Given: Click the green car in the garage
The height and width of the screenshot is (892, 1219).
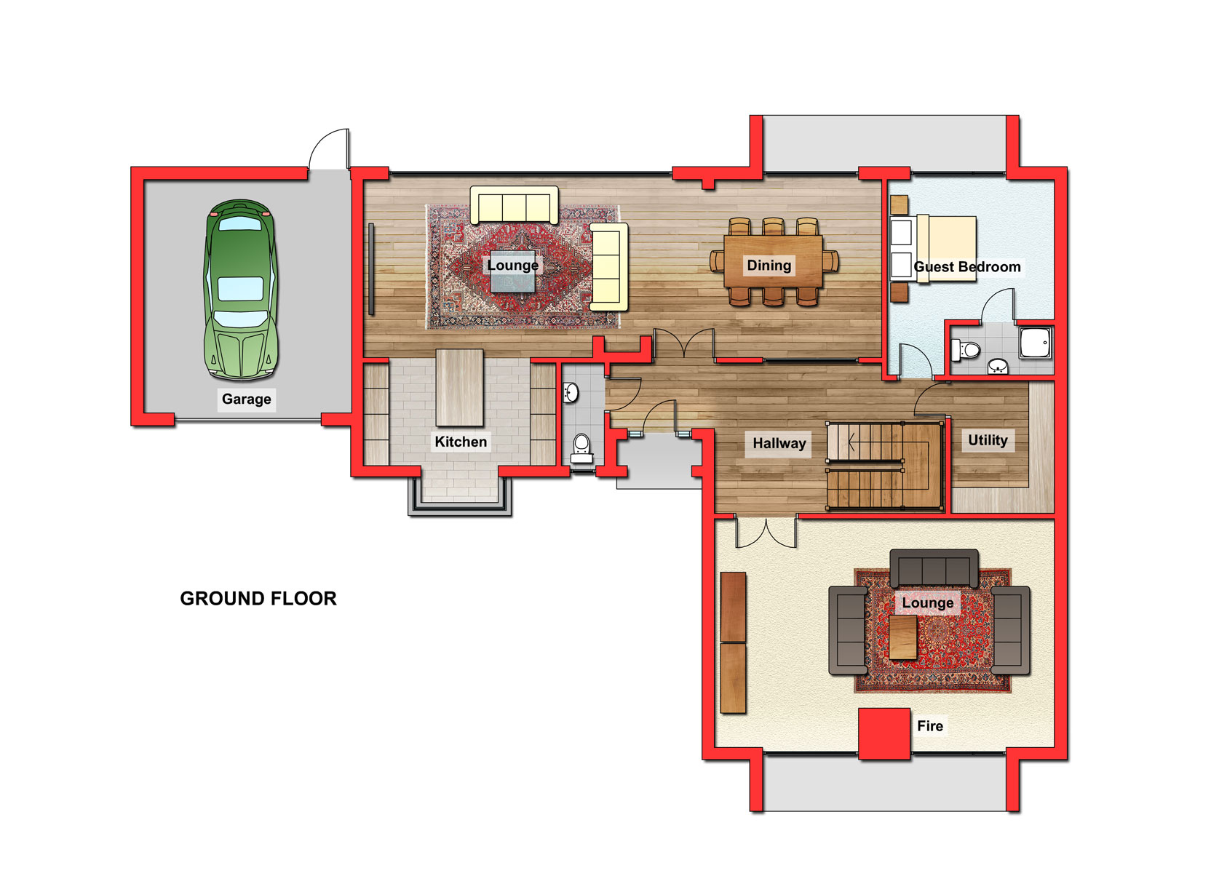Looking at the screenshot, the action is pyautogui.click(x=241, y=290).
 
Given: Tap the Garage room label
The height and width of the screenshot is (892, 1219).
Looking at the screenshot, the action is pyautogui.click(x=247, y=399).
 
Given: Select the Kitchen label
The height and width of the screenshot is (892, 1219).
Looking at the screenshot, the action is pyautogui.click(x=461, y=442).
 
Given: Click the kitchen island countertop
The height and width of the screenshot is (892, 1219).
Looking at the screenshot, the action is pyautogui.click(x=459, y=387).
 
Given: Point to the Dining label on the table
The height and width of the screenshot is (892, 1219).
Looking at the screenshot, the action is pyautogui.click(x=769, y=266).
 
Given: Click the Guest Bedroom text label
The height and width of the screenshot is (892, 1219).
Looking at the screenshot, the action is pyautogui.click(x=967, y=267).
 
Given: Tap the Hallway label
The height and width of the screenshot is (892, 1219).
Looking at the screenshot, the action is pyautogui.click(x=779, y=444).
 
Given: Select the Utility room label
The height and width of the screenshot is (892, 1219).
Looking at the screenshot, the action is pyautogui.click(x=988, y=441).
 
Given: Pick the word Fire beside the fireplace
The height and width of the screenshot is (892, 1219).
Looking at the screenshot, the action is pyautogui.click(x=930, y=726).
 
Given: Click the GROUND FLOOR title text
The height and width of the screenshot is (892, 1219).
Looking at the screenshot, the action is pyautogui.click(x=258, y=599).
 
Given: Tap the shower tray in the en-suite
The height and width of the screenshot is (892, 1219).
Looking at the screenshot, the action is pyautogui.click(x=1036, y=343).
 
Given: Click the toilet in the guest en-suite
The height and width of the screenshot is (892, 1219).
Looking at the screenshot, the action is pyautogui.click(x=965, y=350).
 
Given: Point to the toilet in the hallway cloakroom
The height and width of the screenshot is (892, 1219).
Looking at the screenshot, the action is pyautogui.click(x=581, y=448).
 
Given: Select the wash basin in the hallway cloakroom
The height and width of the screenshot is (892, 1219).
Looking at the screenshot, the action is pyautogui.click(x=571, y=393).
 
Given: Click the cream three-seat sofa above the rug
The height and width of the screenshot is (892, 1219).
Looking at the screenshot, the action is pyautogui.click(x=515, y=205).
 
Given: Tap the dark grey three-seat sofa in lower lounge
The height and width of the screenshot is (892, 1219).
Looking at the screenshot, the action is pyautogui.click(x=934, y=569).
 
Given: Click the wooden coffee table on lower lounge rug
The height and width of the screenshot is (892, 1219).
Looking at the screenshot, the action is pyautogui.click(x=903, y=637).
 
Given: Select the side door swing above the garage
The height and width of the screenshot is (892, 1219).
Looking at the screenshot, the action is pyautogui.click(x=329, y=148).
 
